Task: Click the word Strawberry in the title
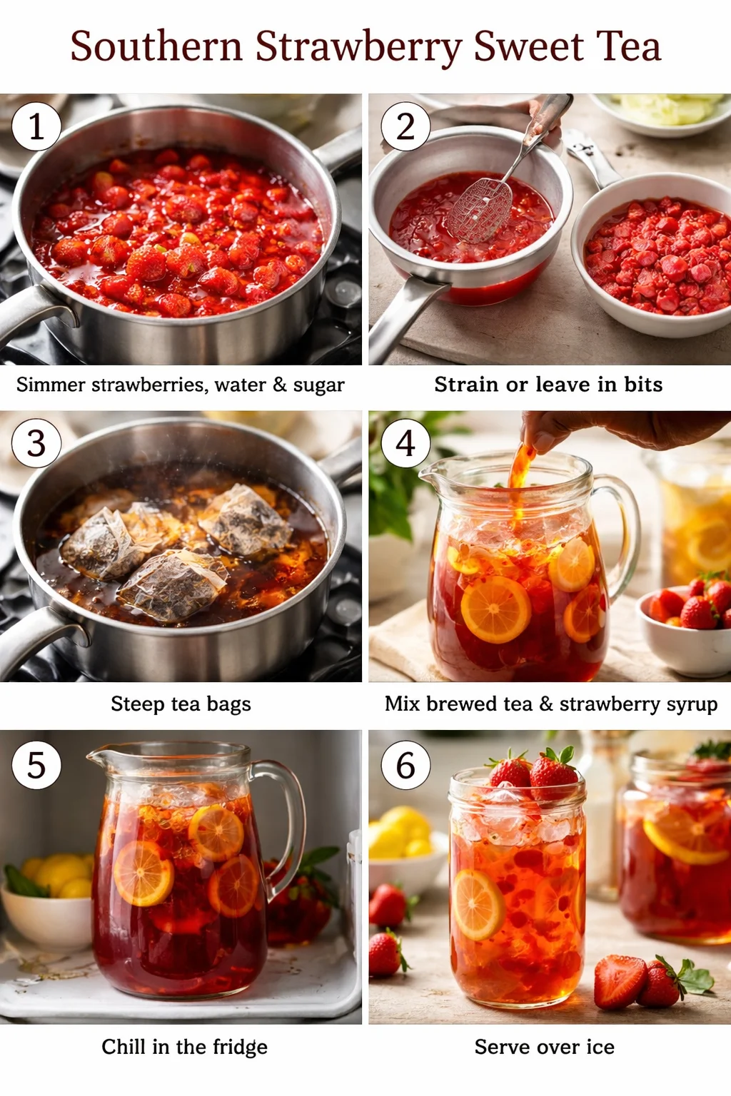click(359, 47)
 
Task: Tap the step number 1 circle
click(36, 126)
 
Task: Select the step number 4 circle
click(405, 443)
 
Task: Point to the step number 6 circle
click(405, 766)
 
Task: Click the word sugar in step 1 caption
click(318, 385)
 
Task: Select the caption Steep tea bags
click(181, 704)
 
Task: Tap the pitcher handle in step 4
click(622, 521)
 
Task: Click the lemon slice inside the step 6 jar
click(477, 905)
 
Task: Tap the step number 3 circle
click(36, 443)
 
